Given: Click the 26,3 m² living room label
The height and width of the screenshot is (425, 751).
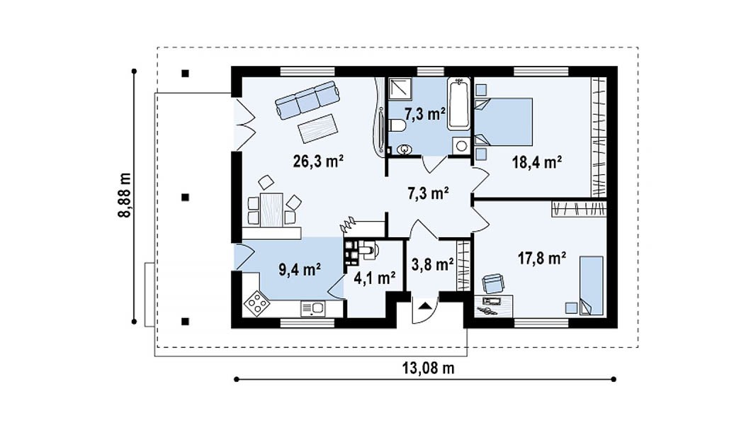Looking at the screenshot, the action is point(318,161).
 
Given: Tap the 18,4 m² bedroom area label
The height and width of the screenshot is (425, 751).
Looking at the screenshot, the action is point(537,162).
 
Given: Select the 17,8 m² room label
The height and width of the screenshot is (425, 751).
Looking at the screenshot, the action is point(542,259).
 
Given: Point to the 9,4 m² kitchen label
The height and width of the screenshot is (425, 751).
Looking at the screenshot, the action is point(300,270).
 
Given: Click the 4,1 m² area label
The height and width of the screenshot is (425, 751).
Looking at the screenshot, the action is point(374,278).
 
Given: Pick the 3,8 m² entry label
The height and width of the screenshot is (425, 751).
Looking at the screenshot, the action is point(432,264).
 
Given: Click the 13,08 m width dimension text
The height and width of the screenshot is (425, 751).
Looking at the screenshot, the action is point(428,368).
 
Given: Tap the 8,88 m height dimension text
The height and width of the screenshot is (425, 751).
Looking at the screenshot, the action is point(124,195).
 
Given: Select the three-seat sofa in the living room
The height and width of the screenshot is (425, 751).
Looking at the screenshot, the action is point(307,100).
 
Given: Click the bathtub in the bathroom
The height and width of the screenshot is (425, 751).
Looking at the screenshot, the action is point(459,104).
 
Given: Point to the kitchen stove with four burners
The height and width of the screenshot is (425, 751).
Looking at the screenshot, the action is point(256,303).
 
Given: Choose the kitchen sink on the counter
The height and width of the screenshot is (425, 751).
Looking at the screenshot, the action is point(312,309).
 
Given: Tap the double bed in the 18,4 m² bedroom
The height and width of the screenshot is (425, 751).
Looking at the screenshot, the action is point(503,122).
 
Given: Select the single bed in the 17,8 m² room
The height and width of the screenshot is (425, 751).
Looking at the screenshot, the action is point(592,285).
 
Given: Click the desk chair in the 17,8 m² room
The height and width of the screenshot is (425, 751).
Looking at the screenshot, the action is point(493,283).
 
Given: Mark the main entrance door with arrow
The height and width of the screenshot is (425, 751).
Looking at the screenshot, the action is point(424,310).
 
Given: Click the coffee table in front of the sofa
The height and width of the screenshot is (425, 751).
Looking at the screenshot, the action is point(317,128).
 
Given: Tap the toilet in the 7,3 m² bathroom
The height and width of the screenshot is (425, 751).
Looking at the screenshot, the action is point(397,126).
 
